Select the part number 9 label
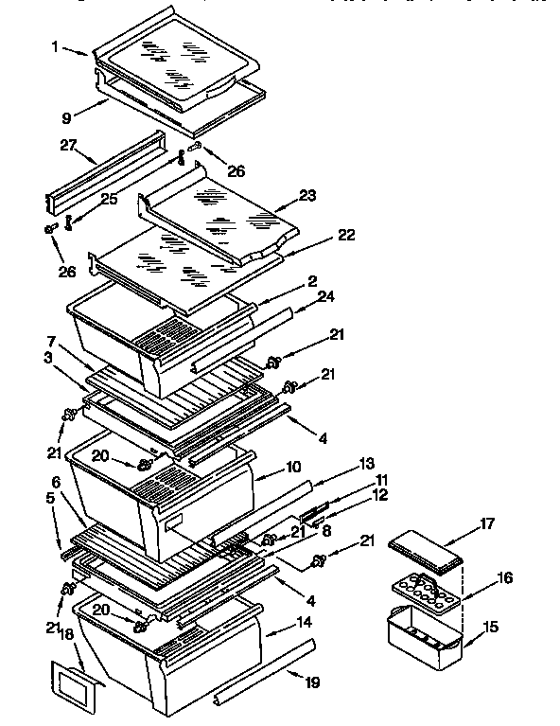(x=65, y=117)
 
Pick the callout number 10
(x=294, y=468)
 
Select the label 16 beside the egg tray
(x=505, y=576)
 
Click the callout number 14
(x=303, y=624)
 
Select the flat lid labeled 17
(x=430, y=548)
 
